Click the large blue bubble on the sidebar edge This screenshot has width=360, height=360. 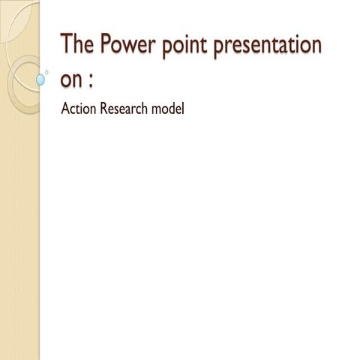[41, 78]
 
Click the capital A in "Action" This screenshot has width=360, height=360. [64, 110]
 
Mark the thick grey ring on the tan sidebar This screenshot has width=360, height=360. [22, 82]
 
